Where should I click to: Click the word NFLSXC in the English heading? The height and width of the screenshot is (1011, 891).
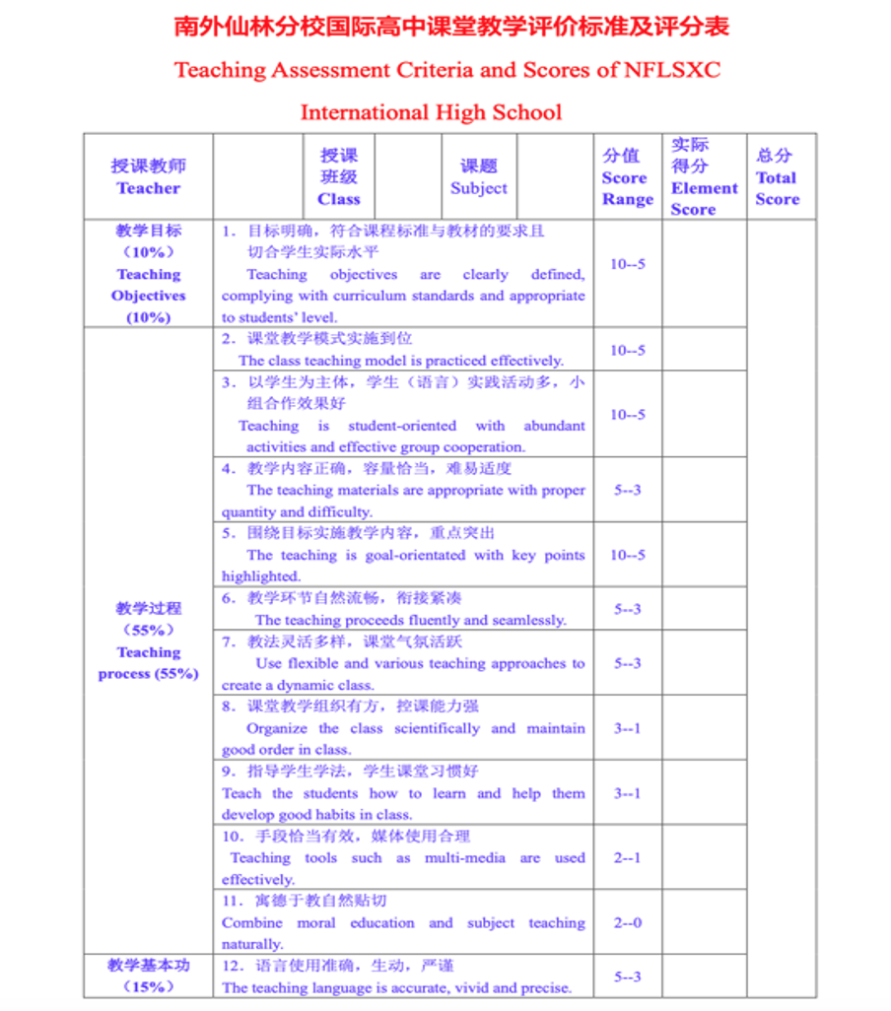point(673,70)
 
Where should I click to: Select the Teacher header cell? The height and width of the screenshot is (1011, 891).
point(148,177)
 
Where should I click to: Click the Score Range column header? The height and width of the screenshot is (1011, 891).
point(627,177)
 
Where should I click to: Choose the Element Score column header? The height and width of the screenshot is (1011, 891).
point(704,177)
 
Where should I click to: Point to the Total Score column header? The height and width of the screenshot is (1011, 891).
point(777,177)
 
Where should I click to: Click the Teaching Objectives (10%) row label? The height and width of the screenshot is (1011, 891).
point(148,274)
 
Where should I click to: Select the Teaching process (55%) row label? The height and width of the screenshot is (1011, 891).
point(148,640)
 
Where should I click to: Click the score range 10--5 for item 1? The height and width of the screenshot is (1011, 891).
point(627,264)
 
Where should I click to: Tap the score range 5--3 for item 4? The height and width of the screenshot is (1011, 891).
point(627,490)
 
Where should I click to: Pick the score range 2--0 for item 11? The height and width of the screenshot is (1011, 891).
point(627,922)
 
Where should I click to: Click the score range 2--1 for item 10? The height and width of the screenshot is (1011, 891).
point(627,857)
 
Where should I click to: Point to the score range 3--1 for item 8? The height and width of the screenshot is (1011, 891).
point(627,728)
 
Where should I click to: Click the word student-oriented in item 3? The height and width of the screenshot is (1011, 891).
point(402,426)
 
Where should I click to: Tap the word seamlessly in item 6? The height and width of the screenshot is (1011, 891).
point(527,620)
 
